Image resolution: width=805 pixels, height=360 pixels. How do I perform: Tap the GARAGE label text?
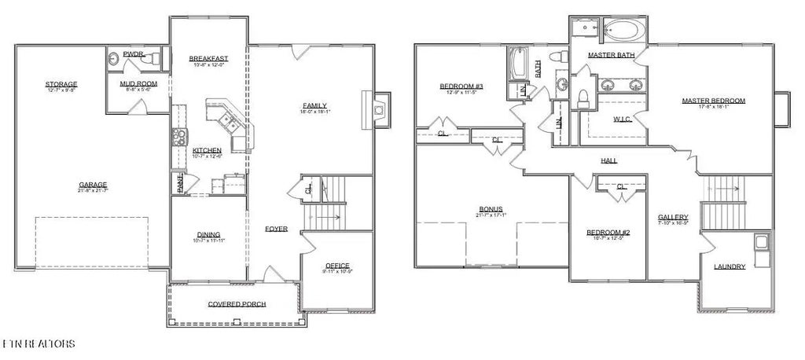pos(93,184)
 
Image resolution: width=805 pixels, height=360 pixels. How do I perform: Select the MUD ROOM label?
pos(134,83)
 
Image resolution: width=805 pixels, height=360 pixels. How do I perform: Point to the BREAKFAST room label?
pos(208,59)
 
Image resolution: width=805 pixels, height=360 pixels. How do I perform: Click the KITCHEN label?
pos(207,150)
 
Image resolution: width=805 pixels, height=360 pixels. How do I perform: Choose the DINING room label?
pos(208,233)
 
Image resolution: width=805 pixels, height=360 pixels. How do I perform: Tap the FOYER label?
pos(276,229)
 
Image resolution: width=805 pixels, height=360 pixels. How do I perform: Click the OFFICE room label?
pos(336,265)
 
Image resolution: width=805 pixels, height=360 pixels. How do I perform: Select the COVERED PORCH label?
pos(237,304)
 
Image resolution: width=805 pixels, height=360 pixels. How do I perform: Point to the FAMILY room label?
pos(315,105)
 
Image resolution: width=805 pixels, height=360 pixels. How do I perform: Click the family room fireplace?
pos(379,110)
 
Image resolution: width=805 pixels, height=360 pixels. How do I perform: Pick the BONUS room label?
pos(491,209)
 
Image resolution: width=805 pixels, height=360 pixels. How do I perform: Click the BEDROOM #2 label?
pos(608,233)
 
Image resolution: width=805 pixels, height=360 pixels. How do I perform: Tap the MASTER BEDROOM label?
pos(714,101)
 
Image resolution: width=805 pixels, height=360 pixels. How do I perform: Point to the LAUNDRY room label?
pos(730,266)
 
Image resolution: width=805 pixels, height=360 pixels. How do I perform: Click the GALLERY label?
pos(674,217)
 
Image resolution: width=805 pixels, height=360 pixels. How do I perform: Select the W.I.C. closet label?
pos(622,119)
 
